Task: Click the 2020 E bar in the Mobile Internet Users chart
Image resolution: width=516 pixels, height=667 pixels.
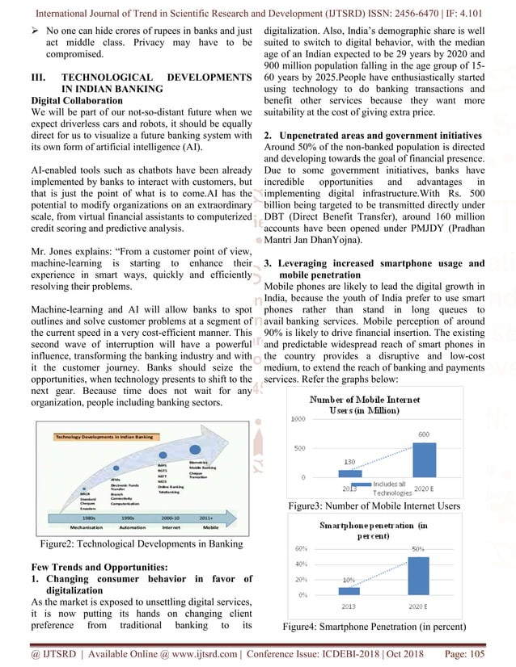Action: (425, 459)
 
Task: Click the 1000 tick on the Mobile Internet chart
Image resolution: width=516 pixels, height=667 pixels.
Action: (298, 419)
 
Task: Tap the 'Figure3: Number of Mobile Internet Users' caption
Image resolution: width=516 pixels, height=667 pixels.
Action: (374, 506)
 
